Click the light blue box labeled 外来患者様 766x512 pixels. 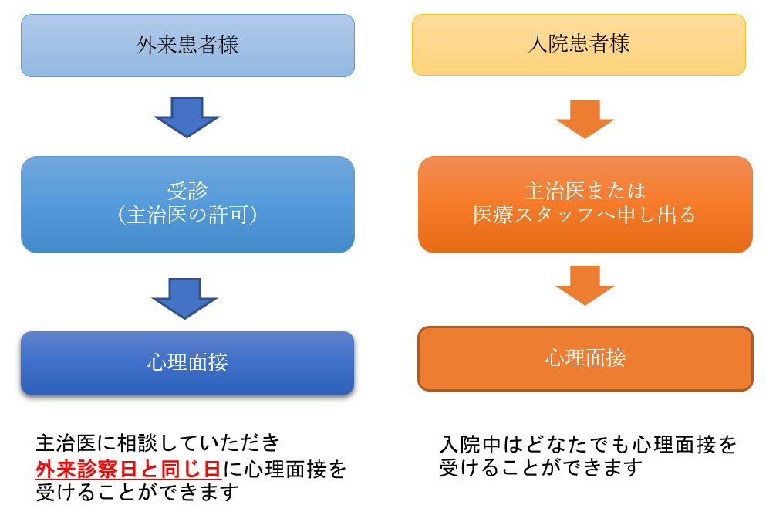pyautogui.click(x=187, y=46)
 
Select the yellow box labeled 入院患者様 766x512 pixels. pyautogui.click(x=579, y=45)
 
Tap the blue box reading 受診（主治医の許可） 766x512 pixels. pyautogui.click(x=187, y=205)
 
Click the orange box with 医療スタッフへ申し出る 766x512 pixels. pyautogui.click(x=585, y=205)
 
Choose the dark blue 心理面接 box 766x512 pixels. pyautogui.click(x=187, y=363)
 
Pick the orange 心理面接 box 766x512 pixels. pyautogui.click(x=585, y=358)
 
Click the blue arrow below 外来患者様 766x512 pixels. pyautogui.click(x=187, y=117)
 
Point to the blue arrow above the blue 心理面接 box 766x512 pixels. pyautogui.click(x=184, y=299)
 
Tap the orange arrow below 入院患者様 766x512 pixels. pyautogui.click(x=585, y=120)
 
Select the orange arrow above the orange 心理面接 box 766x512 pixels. pyautogui.click(x=585, y=286)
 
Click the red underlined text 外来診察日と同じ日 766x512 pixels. pyautogui.click(x=129, y=469)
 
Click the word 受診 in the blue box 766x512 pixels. pyautogui.click(x=187, y=191)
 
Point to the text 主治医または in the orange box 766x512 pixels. pyautogui.click(x=585, y=191)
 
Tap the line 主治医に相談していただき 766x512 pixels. pyautogui.click(x=157, y=443)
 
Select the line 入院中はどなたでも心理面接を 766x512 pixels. pyautogui.click(x=588, y=445)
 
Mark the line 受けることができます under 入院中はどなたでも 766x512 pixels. pyautogui.click(x=541, y=468)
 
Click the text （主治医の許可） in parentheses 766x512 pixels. pyautogui.click(x=187, y=215)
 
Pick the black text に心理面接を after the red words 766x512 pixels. pyautogui.click(x=285, y=469)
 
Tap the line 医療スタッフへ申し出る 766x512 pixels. pyautogui.click(x=584, y=215)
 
